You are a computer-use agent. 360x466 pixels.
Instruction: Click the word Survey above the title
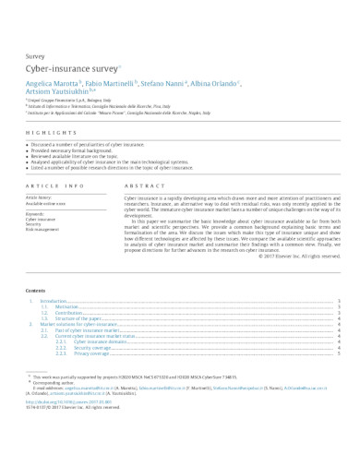(x=35, y=56)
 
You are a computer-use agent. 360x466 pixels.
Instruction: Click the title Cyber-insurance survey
(x=71, y=69)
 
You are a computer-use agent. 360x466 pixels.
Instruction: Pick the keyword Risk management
(x=43, y=229)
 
